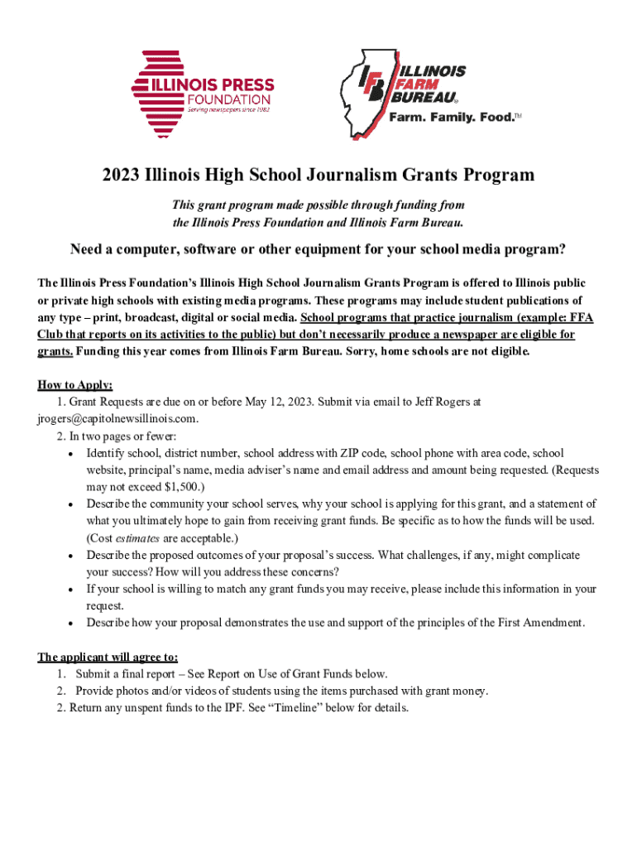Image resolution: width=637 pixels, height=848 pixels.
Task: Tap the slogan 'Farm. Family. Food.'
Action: pos(452,117)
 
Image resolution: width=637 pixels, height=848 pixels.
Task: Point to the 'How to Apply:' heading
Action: pos(75,384)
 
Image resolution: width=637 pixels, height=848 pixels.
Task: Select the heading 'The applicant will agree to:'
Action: pos(108,658)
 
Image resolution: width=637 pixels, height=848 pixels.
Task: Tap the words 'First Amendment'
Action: pos(542,623)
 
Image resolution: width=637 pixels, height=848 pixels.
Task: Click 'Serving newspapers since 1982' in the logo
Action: pos(227,108)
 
